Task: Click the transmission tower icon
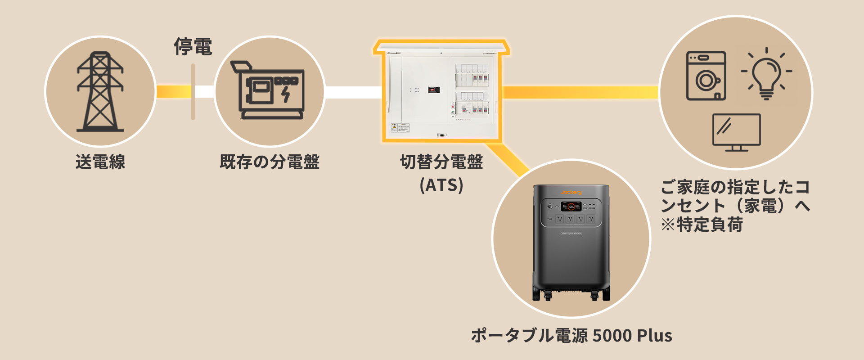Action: point(100,92)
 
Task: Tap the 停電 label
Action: point(193,47)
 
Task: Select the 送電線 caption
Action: point(100,162)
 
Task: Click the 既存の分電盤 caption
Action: point(270,162)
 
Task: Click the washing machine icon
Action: point(706,76)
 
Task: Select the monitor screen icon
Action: point(737,132)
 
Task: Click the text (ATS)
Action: point(441,185)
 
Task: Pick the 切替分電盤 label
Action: point(441,162)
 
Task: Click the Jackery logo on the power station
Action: point(571,192)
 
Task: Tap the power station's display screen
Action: point(571,207)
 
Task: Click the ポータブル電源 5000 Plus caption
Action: point(571,336)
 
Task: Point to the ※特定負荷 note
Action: point(702,225)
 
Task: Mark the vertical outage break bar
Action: point(193,92)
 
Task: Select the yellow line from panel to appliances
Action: point(580,92)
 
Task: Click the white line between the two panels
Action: point(353,92)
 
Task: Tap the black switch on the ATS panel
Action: point(433,90)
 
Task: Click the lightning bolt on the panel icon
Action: point(286,94)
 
